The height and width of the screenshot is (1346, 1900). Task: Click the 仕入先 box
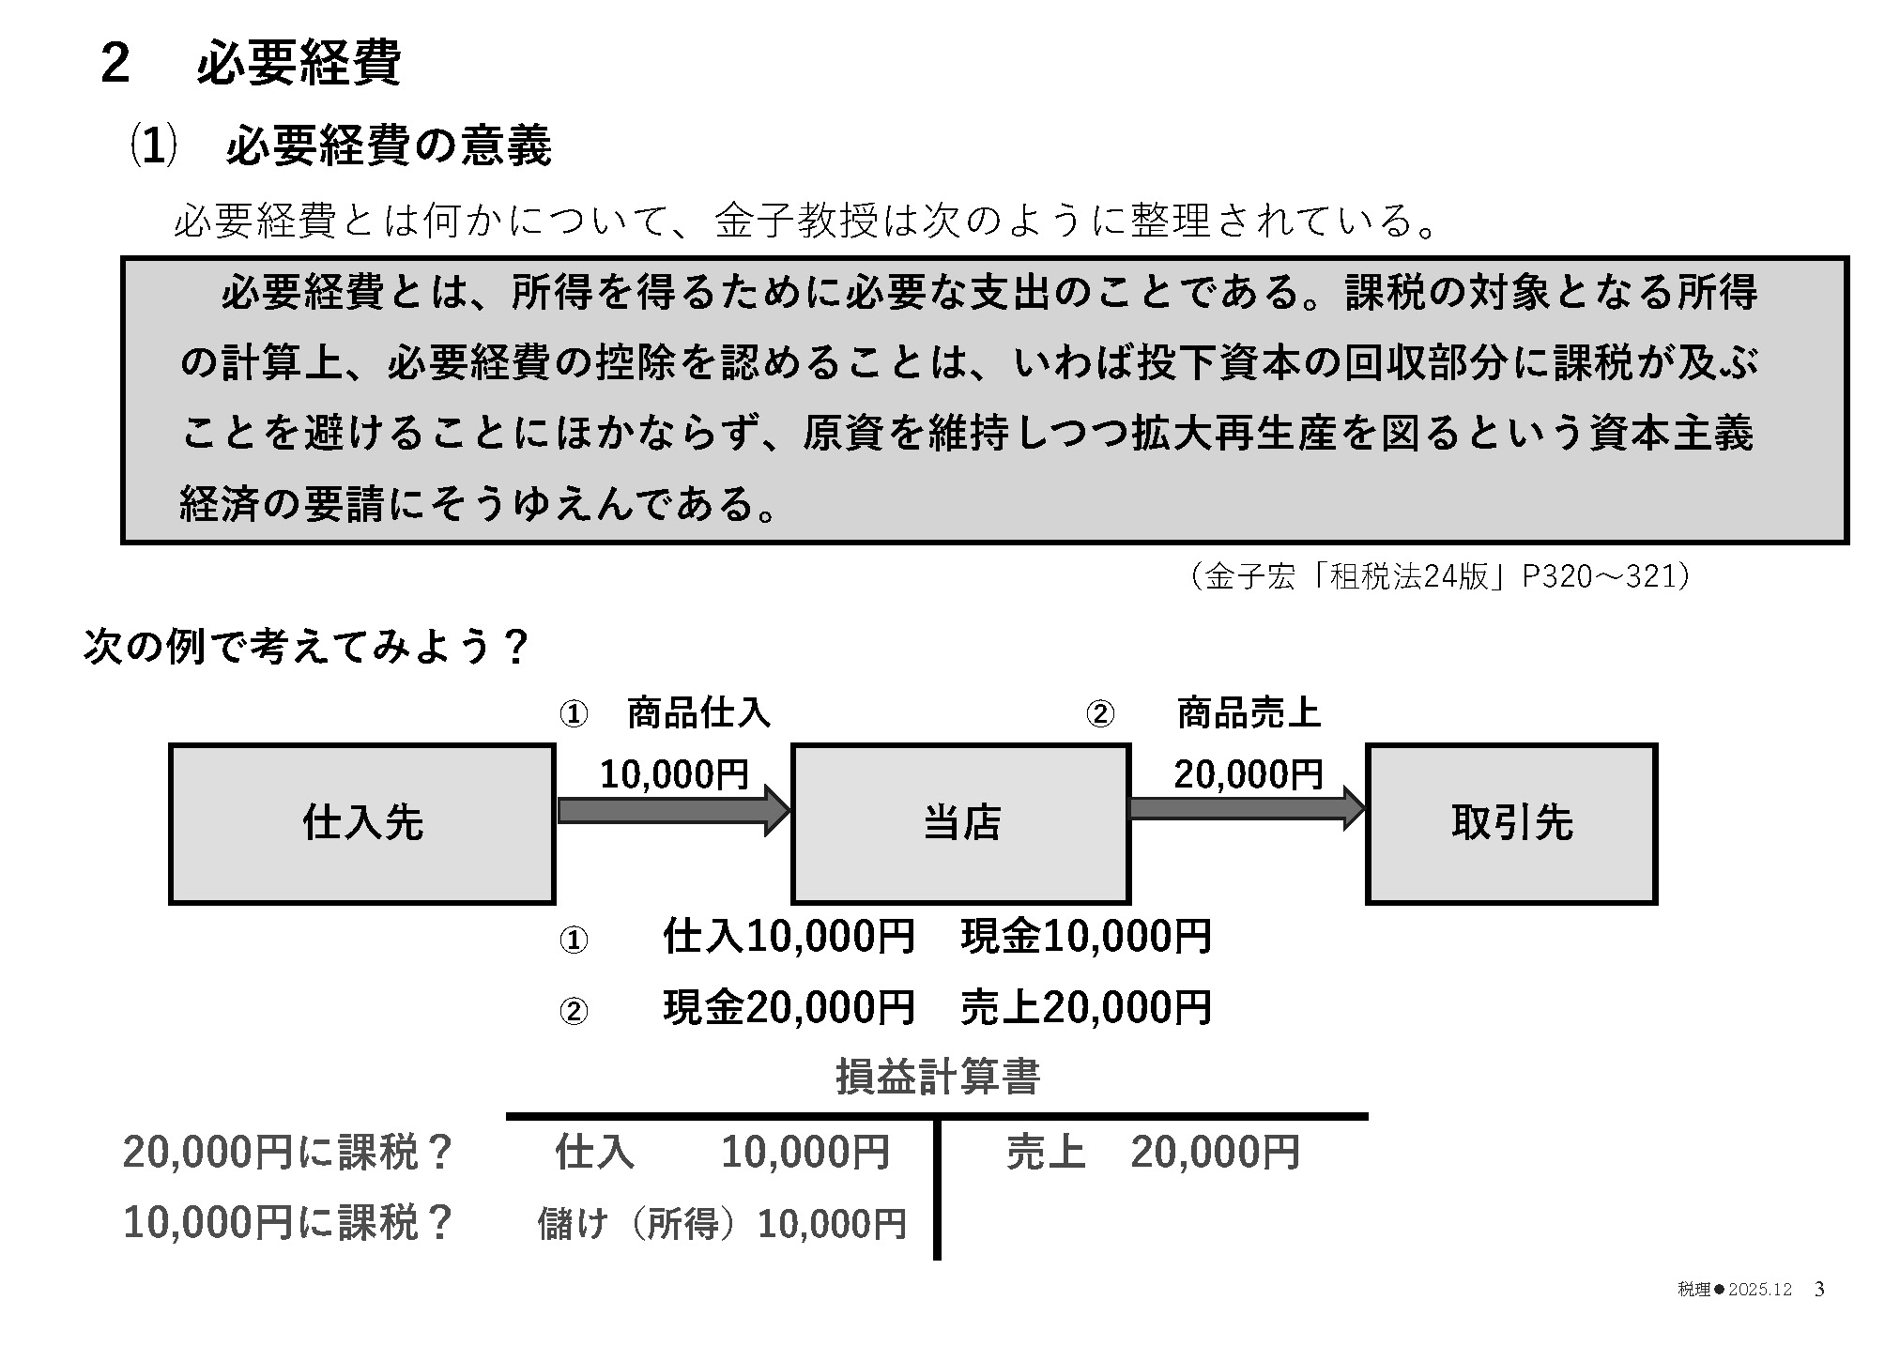[x=362, y=823]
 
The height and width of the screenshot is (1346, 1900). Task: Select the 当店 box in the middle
[x=960, y=823]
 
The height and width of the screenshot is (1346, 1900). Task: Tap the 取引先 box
[x=1511, y=823]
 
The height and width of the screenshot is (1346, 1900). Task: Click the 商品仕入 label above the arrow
[x=697, y=713]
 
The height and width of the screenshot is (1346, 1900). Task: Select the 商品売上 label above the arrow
[x=1249, y=713]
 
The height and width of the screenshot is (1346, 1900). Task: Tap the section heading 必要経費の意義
[x=388, y=147]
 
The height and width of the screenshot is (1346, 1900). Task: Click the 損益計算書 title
[x=937, y=1077]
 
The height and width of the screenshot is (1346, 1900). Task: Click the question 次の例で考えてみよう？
[x=306, y=647]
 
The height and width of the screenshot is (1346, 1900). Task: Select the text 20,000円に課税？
[x=288, y=1152]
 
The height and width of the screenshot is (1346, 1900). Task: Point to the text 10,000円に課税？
[x=288, y=1222]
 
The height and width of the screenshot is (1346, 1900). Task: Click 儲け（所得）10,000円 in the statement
[x=721, y=1224]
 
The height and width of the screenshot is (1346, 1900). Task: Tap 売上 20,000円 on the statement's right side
[x=1153, y=1152]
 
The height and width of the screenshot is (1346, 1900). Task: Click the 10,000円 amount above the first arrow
[x=674, y=774]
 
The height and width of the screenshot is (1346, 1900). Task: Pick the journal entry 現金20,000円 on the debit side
[x=789, y=1007]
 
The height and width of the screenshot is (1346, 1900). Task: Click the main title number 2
[x=115, y=64]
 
